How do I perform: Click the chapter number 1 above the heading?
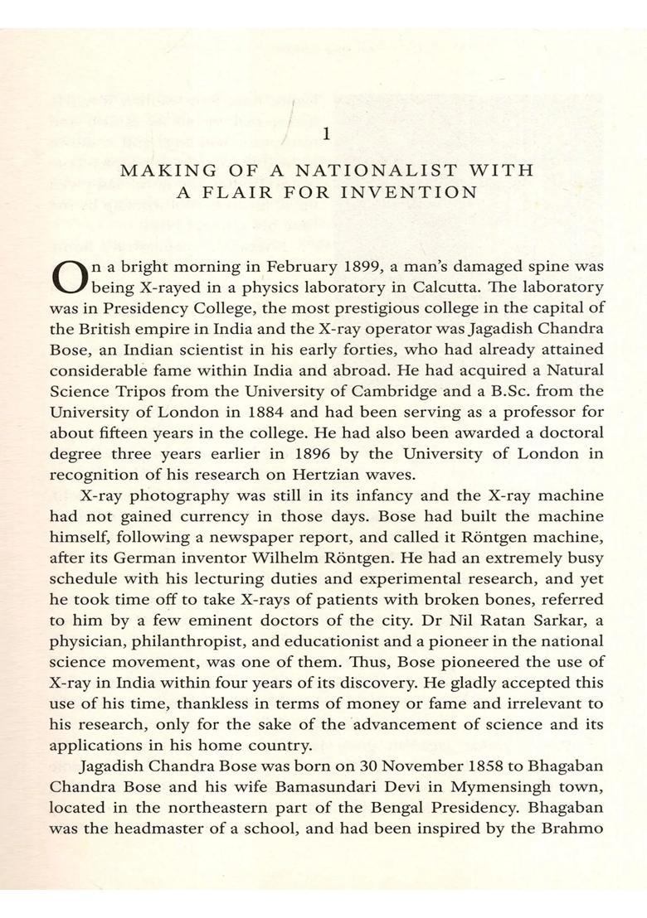(x=326, y=133)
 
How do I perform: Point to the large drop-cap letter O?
(x=68, y=278)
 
